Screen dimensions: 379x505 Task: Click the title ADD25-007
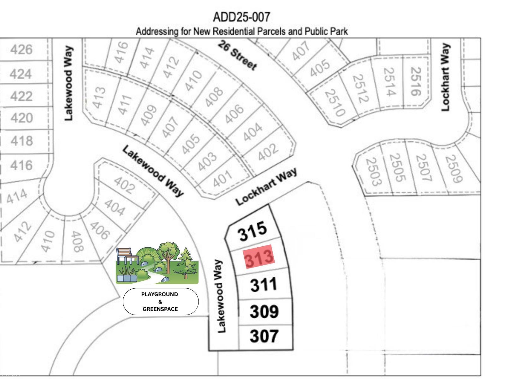241,17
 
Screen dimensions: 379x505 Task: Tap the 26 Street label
237,56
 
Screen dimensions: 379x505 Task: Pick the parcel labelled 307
264,336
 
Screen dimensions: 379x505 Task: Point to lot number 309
264,311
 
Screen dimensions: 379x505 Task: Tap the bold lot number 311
264,284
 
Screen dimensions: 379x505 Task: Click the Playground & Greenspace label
160,302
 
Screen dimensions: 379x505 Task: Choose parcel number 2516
416,81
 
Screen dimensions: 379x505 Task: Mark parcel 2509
454,169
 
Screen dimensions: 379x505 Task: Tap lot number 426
21,50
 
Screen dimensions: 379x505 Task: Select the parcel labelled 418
21,141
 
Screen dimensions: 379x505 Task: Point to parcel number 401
223,179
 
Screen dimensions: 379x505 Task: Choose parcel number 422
21,96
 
